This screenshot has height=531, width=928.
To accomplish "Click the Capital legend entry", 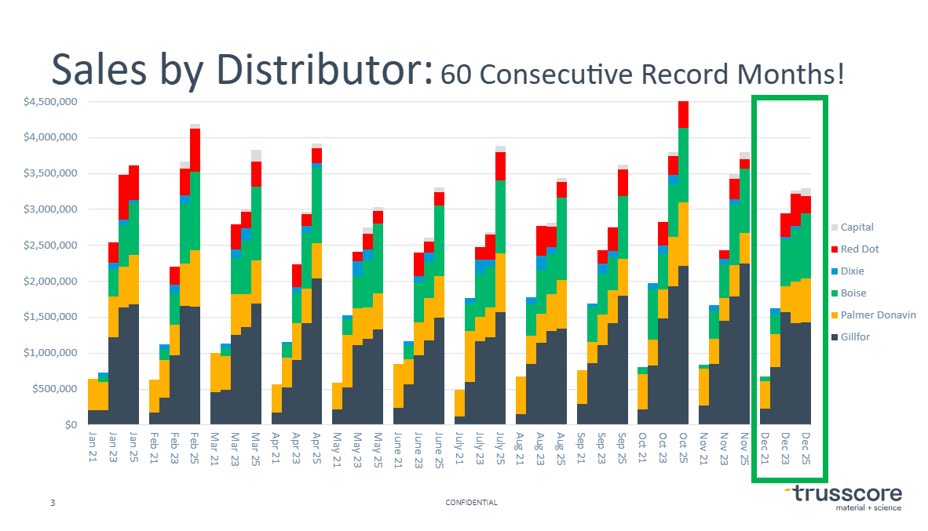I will coord(857,227).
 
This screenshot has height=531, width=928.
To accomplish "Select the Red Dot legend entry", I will coord(860,249).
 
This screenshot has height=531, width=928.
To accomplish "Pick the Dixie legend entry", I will coord(854,271).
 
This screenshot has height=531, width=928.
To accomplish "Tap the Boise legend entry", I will coord(854,293).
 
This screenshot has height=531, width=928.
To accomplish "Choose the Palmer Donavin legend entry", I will coord(878,315).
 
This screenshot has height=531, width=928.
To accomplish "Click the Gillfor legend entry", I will coord(855,337).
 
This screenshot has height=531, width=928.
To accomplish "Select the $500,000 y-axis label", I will coord(53,389).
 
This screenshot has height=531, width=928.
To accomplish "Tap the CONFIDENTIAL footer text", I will coord(471,503).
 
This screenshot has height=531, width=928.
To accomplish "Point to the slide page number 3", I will coord(53,503).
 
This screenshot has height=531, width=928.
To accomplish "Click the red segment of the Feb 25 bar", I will coord(195,150).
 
